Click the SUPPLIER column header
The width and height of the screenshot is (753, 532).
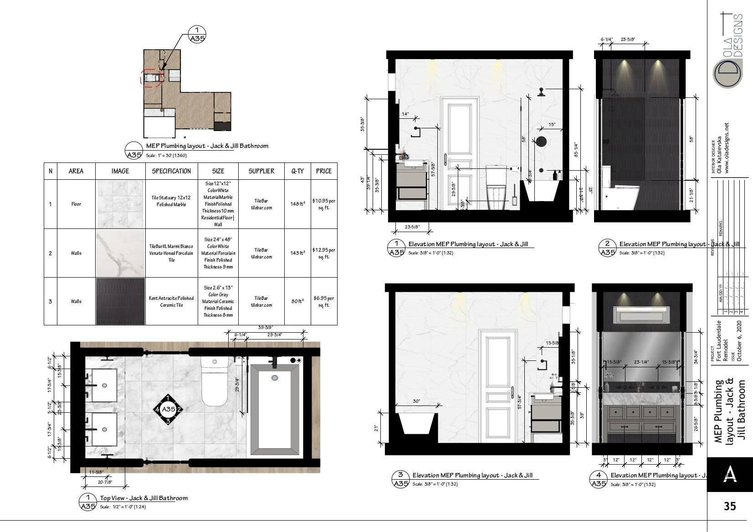click(x=261, y=171)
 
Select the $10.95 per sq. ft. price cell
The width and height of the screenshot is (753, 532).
click(x=323, y=204)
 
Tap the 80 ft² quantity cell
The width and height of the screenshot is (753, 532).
click(x=297, y=301)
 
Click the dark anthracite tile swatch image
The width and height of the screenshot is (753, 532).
click(x=121, y=301)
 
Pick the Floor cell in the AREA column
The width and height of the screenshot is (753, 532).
click(x=76, y=204)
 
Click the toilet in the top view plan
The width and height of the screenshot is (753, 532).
click(x=214, y=382)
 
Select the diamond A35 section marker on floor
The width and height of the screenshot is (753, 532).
click(x=168, y=409)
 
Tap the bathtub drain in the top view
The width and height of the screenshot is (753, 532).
click(x=274, y=377)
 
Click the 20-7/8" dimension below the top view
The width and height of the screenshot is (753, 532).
click(x=105, y=482)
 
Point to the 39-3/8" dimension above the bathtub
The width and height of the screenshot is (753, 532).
click(x=265, y=327)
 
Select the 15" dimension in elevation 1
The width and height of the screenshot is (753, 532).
click(x=552, y=124)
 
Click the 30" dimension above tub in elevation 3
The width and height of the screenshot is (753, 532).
click(x=416, y=401)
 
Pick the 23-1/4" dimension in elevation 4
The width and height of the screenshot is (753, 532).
click(x=641, y=362)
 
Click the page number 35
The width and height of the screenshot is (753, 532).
click(x=729, y=506)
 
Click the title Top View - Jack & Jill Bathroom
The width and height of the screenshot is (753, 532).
click(x=144, y=498)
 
